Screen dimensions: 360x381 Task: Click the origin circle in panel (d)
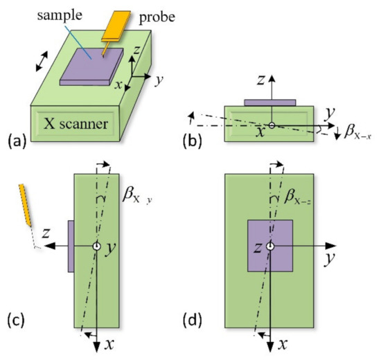270,246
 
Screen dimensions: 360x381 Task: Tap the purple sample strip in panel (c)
71,246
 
